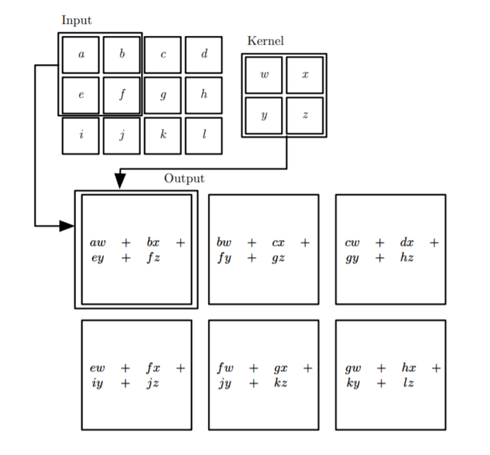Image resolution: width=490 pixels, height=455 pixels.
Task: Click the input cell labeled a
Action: [80, 55]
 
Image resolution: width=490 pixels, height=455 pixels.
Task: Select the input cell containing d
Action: [204, 55]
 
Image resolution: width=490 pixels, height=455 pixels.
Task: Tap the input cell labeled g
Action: [162, 95]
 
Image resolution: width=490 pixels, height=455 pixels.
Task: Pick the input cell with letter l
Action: [204, 136]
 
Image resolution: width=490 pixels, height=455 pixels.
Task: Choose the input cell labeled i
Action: [80, 136]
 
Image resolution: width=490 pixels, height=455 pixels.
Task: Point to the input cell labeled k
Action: [162, 136]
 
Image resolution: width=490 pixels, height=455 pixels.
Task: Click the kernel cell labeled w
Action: [264, 75]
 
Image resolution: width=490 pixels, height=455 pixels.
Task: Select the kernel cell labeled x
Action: [305, 75]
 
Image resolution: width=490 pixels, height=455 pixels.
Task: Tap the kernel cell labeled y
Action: [264, 116]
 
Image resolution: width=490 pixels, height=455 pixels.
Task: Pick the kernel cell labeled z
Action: [305, 116]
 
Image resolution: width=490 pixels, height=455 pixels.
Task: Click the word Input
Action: [77, 20]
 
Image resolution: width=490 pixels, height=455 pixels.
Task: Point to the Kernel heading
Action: [266, 41]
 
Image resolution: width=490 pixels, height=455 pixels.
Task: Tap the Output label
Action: [184, 179]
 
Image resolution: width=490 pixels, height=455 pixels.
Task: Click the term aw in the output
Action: [98, 242]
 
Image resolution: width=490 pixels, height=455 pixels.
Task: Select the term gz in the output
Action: [278, 258]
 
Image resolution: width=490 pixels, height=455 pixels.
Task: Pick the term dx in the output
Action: [407, 242]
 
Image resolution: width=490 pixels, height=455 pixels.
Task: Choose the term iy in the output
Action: [97, 383]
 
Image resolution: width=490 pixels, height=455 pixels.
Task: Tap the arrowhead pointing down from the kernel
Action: [120, 181]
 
